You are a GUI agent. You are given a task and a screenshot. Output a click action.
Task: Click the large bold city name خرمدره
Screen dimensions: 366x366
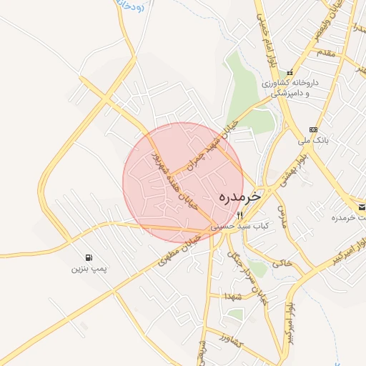coord(238,195)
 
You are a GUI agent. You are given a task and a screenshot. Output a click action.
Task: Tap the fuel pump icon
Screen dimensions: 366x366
coord(88,257)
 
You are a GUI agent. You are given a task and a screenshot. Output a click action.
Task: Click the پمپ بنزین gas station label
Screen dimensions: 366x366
coord(88,269)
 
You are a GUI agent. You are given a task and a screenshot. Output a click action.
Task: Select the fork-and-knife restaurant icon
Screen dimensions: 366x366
coord(241,214)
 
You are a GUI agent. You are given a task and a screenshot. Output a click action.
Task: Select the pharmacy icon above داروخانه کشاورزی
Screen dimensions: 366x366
coord(290,72)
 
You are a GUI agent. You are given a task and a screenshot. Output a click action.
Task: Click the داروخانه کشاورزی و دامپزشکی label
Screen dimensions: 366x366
coord(289,88)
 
